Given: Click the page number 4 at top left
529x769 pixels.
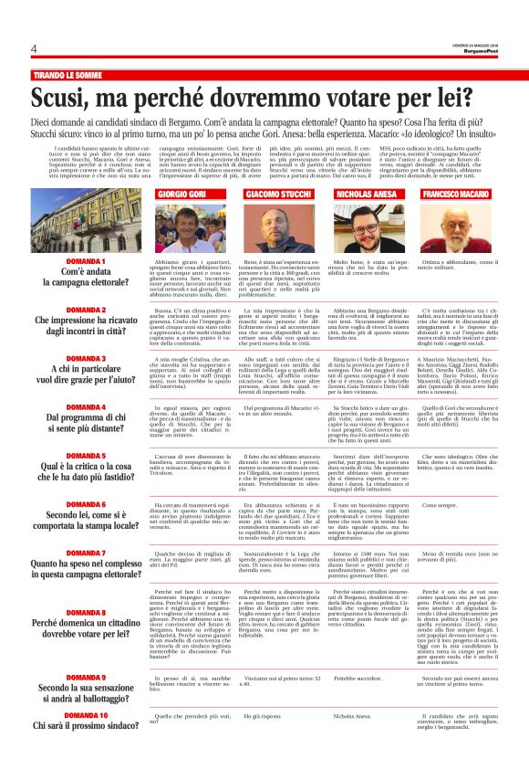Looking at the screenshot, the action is click(x=34, y=48).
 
